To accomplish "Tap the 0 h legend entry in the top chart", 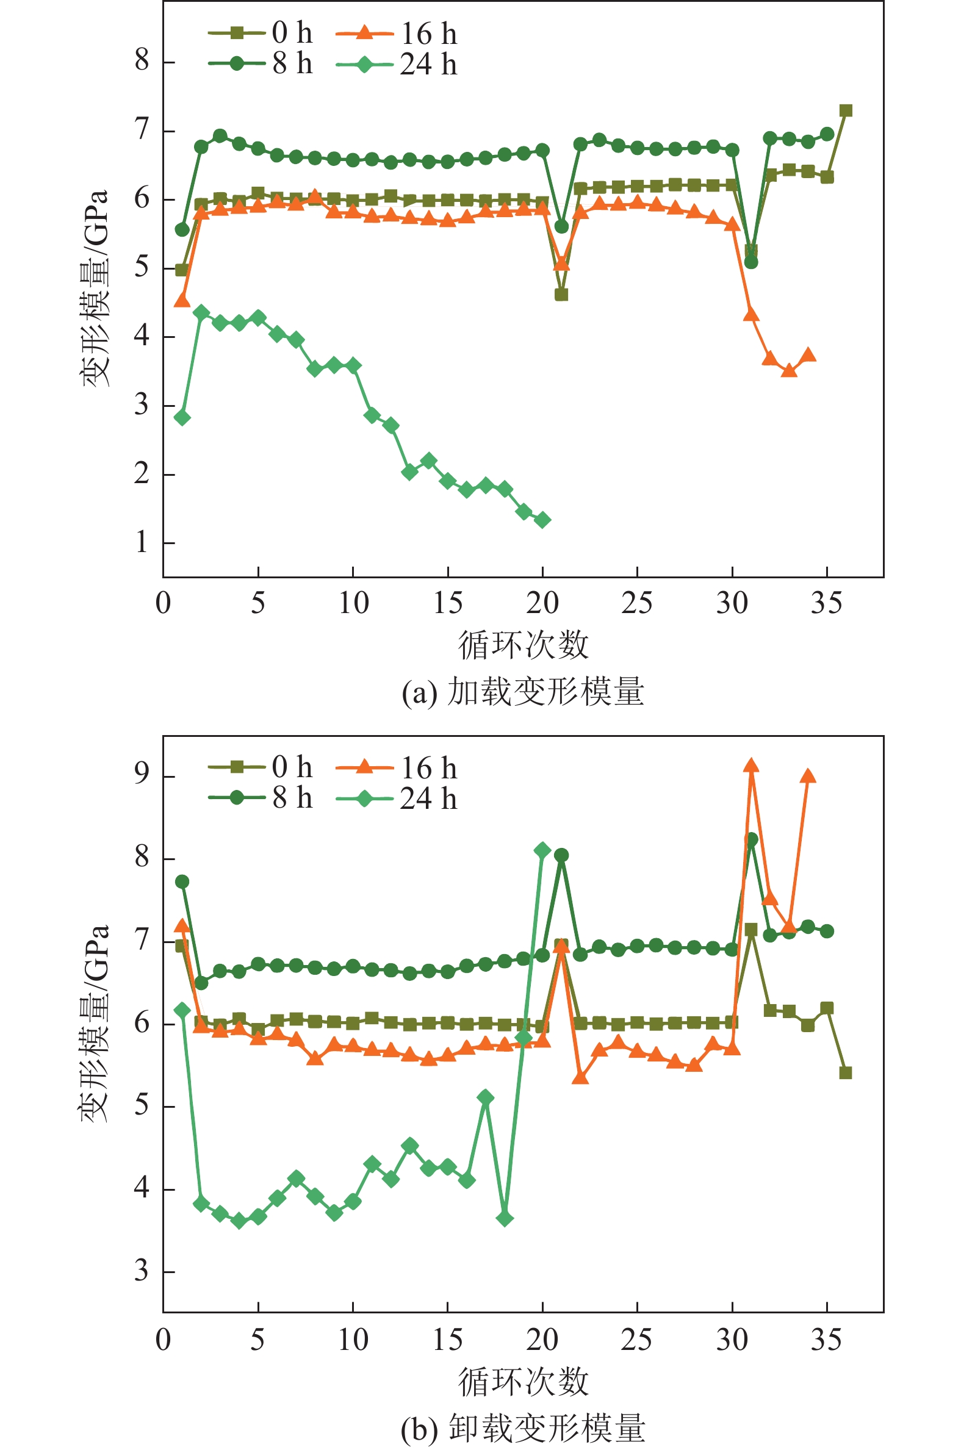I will [261, 33].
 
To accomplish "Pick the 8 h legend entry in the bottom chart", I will [261, 799].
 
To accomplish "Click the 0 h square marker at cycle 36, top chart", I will [846, 111].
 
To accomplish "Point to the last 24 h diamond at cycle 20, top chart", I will [542, 520].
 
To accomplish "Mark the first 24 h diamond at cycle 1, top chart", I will [182, 418].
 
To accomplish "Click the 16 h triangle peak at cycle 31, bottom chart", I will [751, 766].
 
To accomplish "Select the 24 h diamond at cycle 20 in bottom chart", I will [542, 850].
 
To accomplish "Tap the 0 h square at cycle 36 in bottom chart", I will [846, 1072].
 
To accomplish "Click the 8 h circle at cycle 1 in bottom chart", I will [182, 881].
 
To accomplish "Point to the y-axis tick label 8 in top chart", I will [142, 61].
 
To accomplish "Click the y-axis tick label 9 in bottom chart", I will [142, 775].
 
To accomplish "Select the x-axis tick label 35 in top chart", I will [827, 604].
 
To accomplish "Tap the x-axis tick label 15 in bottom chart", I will [448, 1340].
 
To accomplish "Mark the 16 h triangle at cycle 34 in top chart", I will [808, 354].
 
